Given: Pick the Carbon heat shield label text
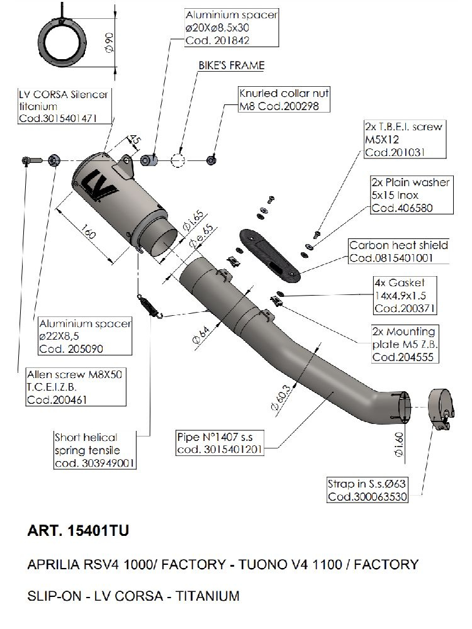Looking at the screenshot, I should point(398,245).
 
